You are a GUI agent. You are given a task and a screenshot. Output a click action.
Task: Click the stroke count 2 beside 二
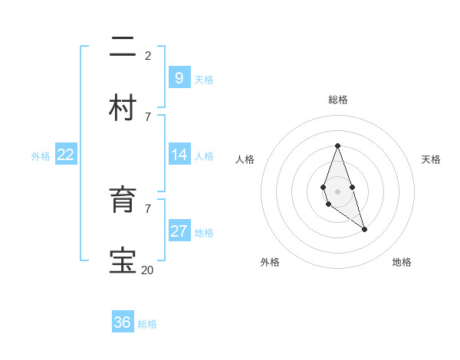coord(148,55)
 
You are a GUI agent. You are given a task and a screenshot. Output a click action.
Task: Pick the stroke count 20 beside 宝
coord(147,270)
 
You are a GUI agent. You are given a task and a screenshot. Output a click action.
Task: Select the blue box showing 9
coord(179,77)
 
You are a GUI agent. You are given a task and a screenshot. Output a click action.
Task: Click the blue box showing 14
coord(179,155)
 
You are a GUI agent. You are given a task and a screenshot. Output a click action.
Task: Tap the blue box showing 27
coord(179,231)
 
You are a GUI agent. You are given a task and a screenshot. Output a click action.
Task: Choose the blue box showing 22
coord(66,155)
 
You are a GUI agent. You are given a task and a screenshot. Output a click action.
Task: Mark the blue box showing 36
coord(123,322)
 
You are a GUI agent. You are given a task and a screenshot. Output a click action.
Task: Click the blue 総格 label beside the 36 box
coord(147,324)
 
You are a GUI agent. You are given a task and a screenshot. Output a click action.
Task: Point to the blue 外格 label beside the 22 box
coord(41,156)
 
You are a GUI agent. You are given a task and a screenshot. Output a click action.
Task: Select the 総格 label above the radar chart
coord(337,100)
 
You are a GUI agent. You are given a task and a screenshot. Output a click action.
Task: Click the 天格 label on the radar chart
coord(431,159)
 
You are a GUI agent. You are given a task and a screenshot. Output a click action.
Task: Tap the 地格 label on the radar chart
coord(402,262)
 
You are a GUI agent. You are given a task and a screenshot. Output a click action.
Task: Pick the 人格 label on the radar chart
coord(245,159)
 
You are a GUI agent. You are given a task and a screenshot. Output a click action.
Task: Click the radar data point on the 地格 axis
coord(364,229)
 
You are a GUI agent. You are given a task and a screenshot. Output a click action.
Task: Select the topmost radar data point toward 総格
coord(337,146)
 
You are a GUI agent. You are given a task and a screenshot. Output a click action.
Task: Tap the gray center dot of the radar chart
coord(337,190)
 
